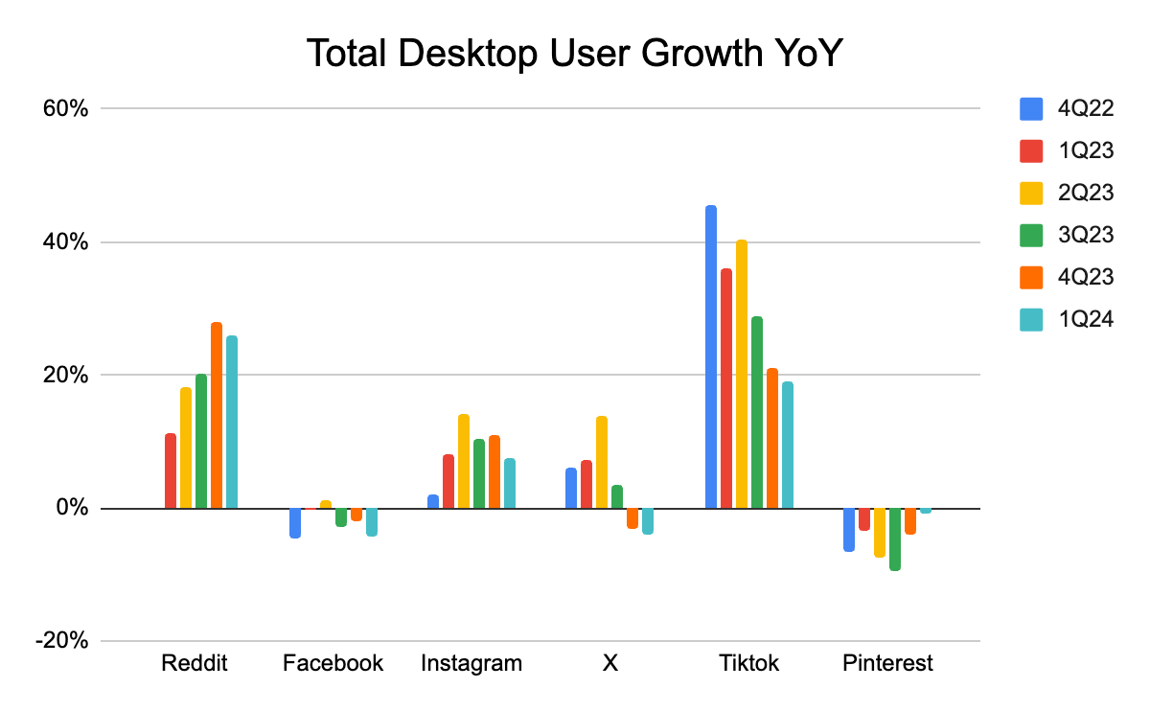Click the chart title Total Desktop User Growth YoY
coord(574,55)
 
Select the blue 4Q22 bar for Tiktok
coord(711,356)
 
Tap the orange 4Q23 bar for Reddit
coord(217,415)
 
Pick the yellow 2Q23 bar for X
coord(602,462)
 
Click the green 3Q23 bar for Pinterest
coord(895,539)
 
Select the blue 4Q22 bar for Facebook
coord(295,522)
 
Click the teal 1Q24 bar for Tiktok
coord(788,445)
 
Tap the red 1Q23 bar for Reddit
coord(171,470)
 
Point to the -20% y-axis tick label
coord(62,641)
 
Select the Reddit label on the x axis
coord(195,663)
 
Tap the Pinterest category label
coord(887,663)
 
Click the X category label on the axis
coord(609,663)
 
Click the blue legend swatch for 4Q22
coord(1032,109)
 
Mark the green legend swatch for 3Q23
coord(1032,235)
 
